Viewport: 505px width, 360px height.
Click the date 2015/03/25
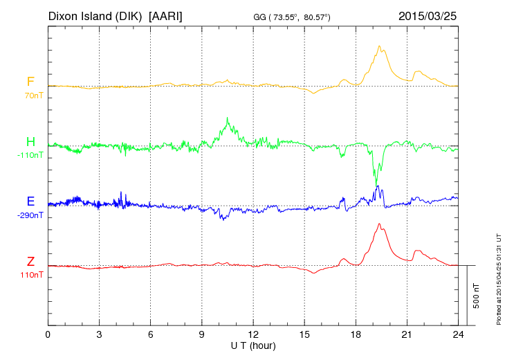[x=427, y=15]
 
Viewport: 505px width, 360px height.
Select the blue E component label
[x=30, y=202]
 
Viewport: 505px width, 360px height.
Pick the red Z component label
[x=30, y=262]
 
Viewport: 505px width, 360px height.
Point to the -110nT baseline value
[x=30, y=156]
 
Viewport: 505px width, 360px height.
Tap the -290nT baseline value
[x=30, y=215]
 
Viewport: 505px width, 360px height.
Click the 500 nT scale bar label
[x=477, y=296]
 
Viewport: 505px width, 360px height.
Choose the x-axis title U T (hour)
[x=253, y=345]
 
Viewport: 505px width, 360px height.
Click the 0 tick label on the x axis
[x=48, y=335]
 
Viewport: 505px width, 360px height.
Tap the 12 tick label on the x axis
[x=253, y=335]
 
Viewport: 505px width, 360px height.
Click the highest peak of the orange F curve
[x=379, y=46]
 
